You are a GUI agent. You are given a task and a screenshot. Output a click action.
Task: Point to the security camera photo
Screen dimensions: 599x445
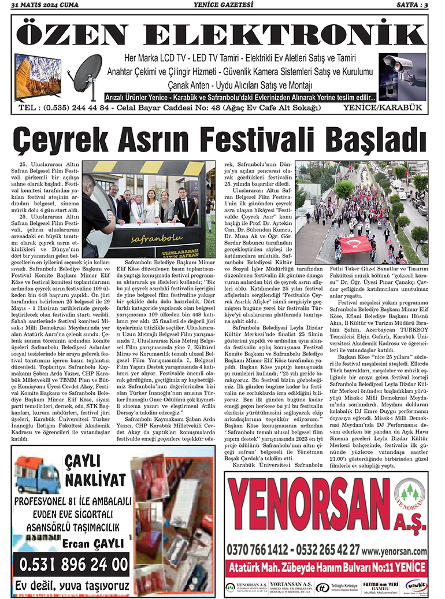(402, 71)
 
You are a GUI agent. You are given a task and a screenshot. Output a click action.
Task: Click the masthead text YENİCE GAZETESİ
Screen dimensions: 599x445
(222, 5)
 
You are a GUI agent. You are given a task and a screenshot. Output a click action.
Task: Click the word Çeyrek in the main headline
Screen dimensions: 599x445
(64, 140)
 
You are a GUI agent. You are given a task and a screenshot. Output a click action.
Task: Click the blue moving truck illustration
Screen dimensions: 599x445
(38, 475)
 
